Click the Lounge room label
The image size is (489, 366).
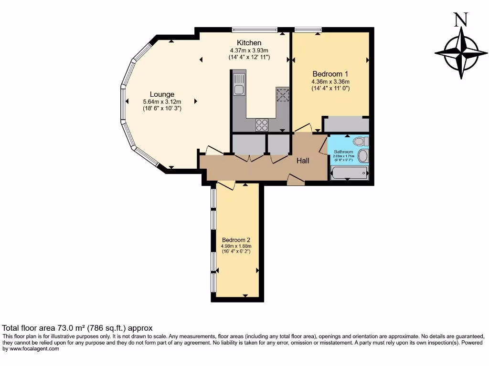click(x=162, y=94)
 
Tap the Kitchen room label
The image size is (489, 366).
click(x=249, y=43)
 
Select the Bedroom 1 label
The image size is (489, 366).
click(x=330, y=74)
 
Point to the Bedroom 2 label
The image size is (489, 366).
click(x=236, y=240)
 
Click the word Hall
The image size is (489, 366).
click(x=303, y=161)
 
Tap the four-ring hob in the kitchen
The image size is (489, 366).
click(x=262, y=124)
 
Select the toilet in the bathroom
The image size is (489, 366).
click(x=361, y=141)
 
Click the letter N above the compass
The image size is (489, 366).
click(x=460, y=20)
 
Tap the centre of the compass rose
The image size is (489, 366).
click(x=461, y=52)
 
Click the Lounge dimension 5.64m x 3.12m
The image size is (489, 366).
click(x=162, y=102)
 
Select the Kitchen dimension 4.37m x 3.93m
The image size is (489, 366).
click(x=249, y=50)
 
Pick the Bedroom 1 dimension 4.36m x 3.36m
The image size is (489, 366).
click(x=330, y=81)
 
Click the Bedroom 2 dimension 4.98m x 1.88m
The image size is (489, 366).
click(x=236, y=246)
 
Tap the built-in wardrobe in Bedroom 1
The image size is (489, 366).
click(x=346, y=125)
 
